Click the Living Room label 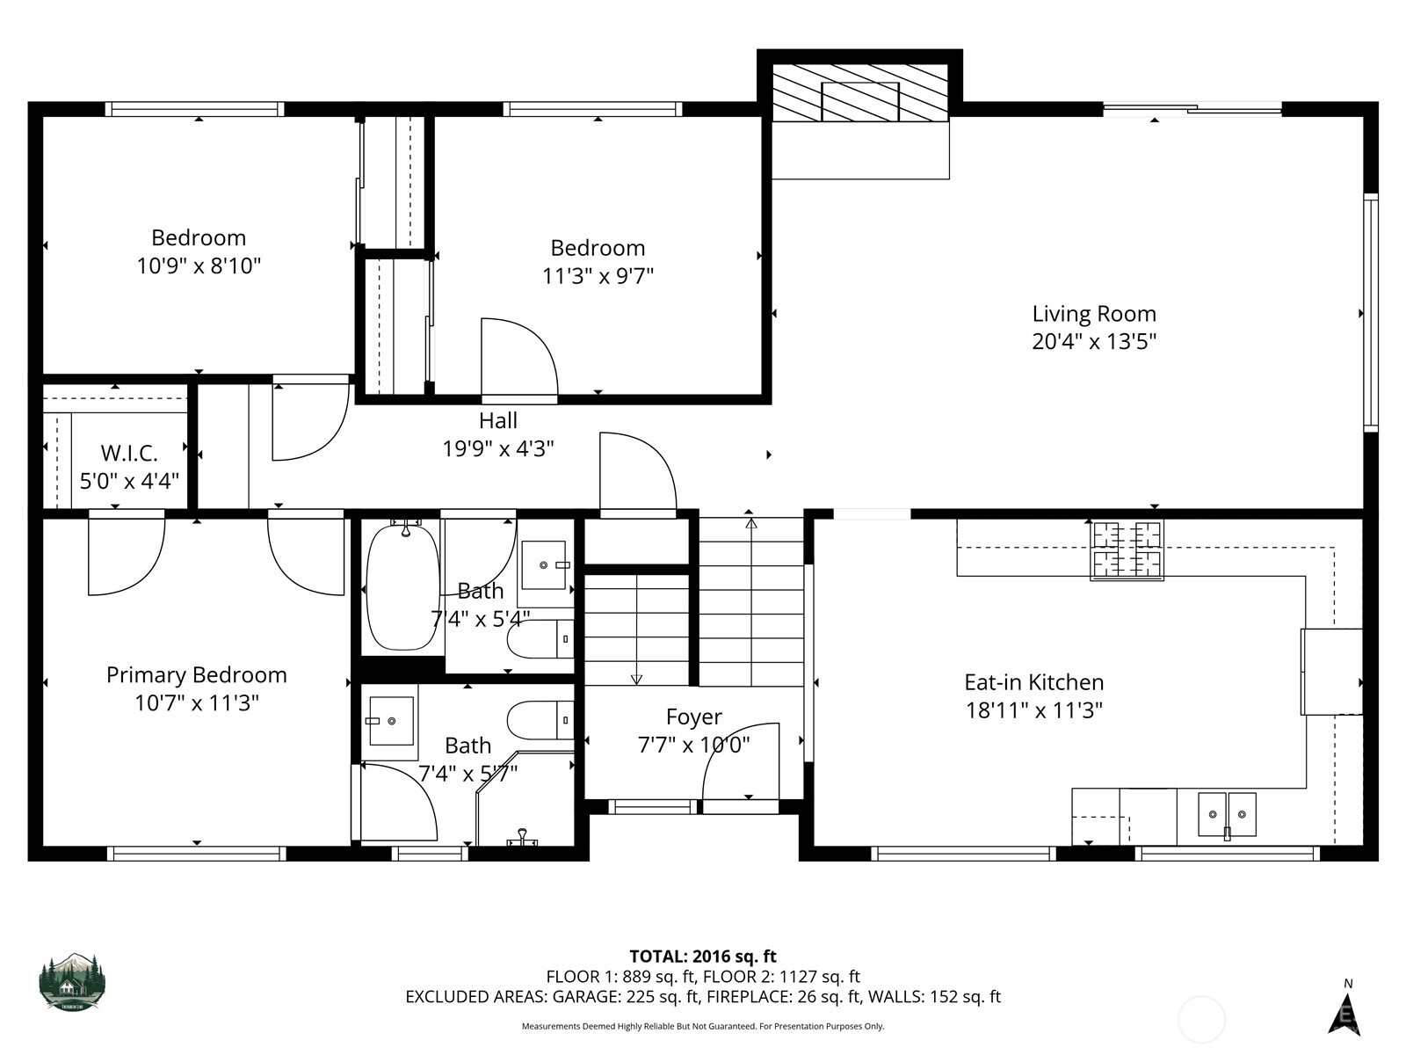tap(1093, 314)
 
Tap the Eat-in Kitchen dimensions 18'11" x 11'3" tap(1033, 710)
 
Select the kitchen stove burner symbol tap(1127, 549)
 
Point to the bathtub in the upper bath tap(402, 586)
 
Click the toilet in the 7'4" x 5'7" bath tap(539, 720)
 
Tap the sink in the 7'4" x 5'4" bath tap(545, 564)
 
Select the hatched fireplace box tap(859, 92)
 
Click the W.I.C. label tap(129, 454)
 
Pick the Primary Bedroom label tap(197, 675)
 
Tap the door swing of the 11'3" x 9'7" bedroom tap(519, 356)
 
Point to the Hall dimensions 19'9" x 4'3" tap(497, 449)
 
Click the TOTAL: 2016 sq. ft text tap(702, 957)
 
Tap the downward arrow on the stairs tap(636, 677)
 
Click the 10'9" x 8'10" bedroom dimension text tap(199, 266)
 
